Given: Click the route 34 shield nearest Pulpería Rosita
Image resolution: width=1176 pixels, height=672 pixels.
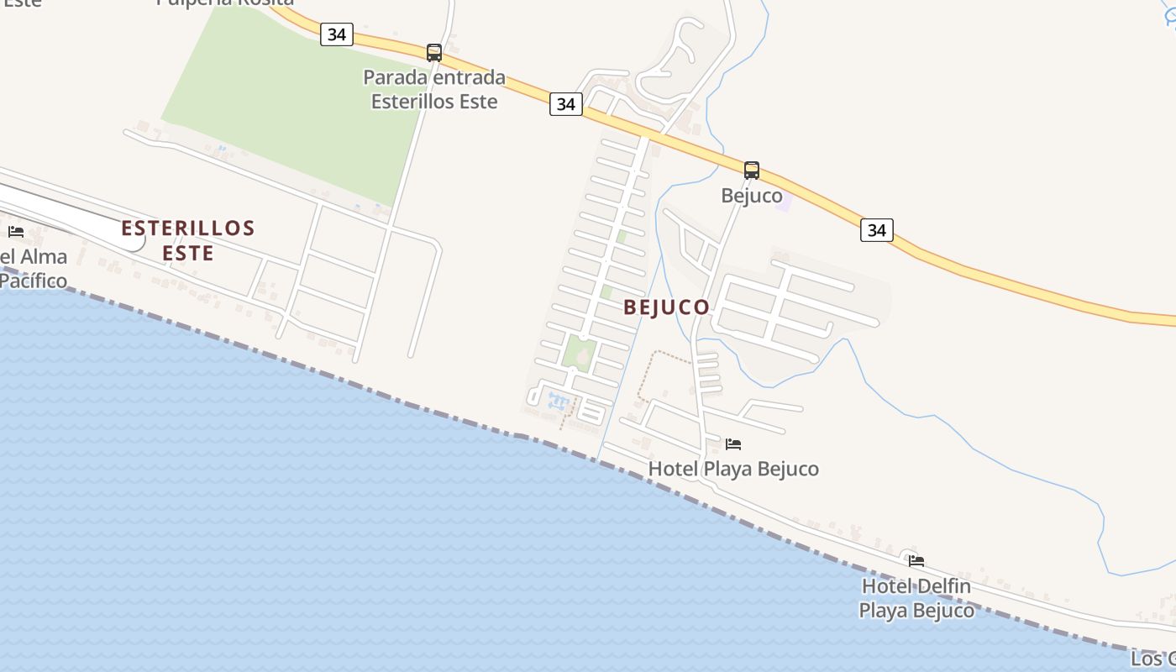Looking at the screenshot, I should point(336,34).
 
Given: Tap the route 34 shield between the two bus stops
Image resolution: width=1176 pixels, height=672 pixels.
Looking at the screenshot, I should point(566,104).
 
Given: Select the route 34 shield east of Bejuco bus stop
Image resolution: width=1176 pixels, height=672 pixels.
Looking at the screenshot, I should point(876,230).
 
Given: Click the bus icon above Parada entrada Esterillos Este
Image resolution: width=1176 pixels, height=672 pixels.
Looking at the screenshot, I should point(433,53).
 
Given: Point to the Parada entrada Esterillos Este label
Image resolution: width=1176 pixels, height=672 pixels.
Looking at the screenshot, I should point(434,90).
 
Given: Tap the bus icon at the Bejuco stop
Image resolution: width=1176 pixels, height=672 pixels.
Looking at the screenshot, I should point(752,171).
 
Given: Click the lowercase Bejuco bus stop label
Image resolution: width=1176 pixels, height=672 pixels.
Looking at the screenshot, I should point(752,196).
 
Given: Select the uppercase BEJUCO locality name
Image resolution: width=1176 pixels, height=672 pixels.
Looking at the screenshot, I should point(667,307).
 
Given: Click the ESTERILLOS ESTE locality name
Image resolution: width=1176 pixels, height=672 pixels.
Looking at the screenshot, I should point(188,240).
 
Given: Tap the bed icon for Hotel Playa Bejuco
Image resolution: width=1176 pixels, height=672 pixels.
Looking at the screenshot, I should point(733,444).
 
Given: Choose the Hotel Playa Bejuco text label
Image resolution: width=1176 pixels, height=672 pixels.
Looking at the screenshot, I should point(733,469).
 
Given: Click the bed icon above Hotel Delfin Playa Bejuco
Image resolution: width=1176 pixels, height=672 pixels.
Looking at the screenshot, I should point(916,560).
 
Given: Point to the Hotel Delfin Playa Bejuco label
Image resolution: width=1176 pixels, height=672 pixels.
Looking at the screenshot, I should point(916,598).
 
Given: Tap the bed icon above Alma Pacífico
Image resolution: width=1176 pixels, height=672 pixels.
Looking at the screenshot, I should point(16,231).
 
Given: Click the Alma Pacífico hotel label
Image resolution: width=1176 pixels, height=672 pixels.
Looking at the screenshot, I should point(34,268).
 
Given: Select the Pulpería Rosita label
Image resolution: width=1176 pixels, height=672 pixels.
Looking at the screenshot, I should point(225,3).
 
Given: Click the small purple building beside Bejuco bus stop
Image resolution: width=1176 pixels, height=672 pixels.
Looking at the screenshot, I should point(783,200).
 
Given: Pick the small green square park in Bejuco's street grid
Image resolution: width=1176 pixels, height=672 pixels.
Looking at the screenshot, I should point(579,353).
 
